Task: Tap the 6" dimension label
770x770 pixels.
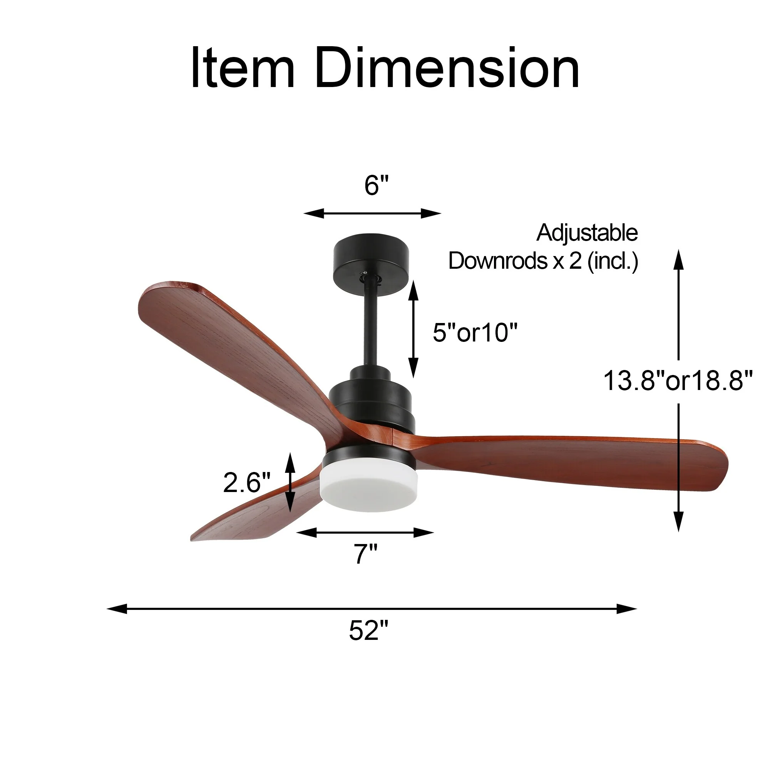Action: [x=376, y=185]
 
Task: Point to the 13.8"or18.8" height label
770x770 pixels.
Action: [x=678, y=380]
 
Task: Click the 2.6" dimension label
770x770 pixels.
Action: [x=247, y=482]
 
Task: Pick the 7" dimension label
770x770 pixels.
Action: [x=365, y=554]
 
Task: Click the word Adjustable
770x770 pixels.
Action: [x=587, y=233]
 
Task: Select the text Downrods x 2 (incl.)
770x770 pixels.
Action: [x=544, y=261]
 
